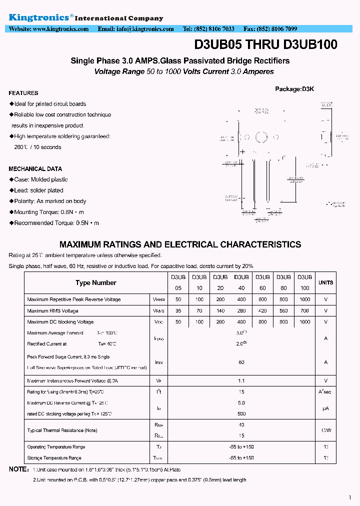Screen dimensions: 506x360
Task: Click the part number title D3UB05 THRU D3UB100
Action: point(265,44)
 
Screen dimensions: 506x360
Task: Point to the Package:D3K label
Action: point(294,89)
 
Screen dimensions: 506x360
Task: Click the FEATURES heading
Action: point(23,93)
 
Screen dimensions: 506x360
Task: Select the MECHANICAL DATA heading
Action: point(35,169)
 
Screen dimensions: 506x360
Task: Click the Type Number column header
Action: point(96,283)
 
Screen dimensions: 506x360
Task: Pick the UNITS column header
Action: point(325,283)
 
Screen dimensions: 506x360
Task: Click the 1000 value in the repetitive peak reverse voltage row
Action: point(304,299)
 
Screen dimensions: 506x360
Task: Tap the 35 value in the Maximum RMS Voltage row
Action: point(178,310)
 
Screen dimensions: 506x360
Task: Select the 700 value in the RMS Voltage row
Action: point(304,310)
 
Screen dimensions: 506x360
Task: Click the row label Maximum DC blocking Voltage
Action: point(60,322)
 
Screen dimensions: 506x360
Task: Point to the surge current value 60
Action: point(241,362)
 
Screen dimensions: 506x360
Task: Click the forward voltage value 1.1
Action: point(241,381)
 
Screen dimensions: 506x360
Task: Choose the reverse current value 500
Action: point(241,413)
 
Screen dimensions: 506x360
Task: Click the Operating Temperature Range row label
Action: point(56,447)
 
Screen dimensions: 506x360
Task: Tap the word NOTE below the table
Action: point(19,469)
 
